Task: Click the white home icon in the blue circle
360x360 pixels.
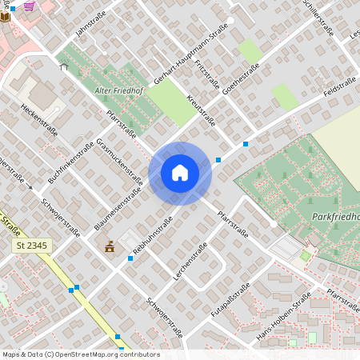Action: pyautogui.click(x=180, y=172)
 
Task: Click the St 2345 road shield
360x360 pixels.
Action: pyautogui.click(x=33, y=246)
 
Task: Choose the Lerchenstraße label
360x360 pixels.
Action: pyautogui.click(x=190, y=260)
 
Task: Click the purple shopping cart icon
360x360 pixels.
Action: pyautogui.click(x=29, y=6)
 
